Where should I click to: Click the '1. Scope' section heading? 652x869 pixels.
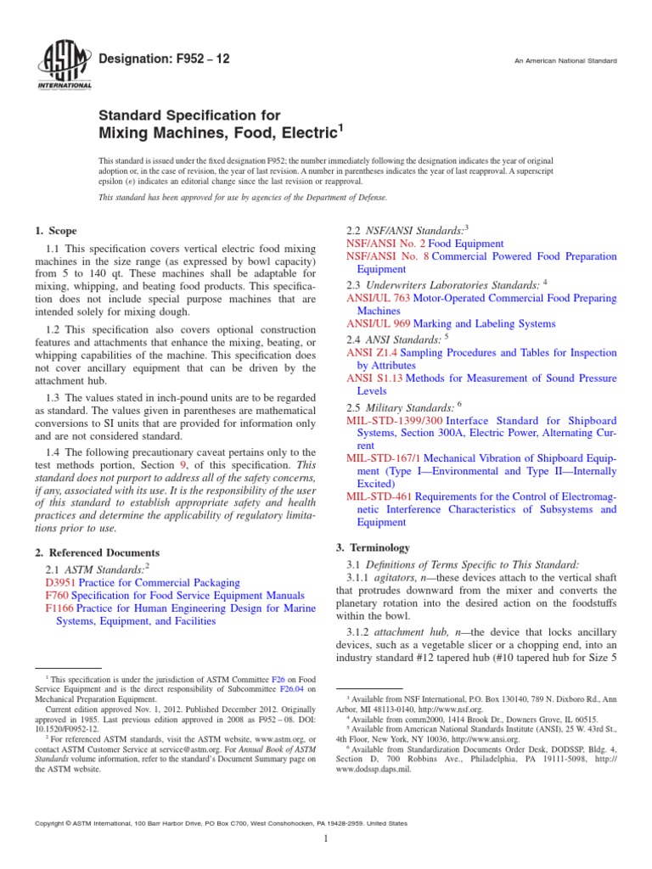[x=55, y=231]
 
